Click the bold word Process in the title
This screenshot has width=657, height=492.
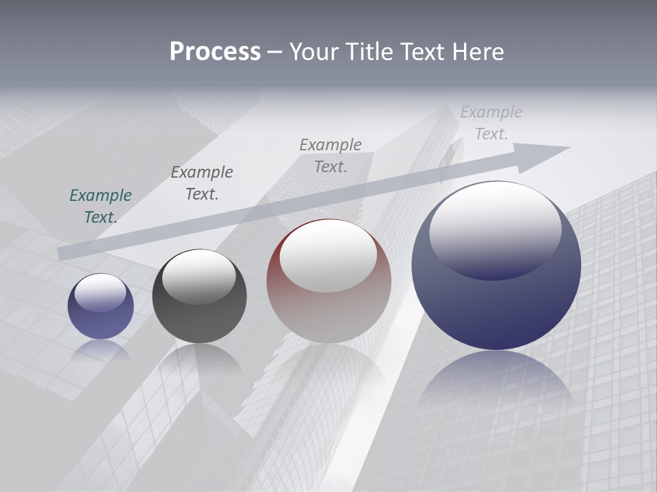tap(215, 52)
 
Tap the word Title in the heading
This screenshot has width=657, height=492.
tap(368, 52)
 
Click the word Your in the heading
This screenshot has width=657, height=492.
tap(313, 52)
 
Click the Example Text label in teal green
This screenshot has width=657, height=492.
tap(101, 206)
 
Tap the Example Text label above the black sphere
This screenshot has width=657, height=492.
tap(202, 183)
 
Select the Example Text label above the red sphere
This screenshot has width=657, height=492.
tap(331, 155)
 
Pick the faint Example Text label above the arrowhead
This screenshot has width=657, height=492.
tap(491, 123)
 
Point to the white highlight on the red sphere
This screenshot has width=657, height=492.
tap(328, 255)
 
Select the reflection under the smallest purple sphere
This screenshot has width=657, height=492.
tap(101, 350)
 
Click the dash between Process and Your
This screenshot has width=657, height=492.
tap(275, 53)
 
